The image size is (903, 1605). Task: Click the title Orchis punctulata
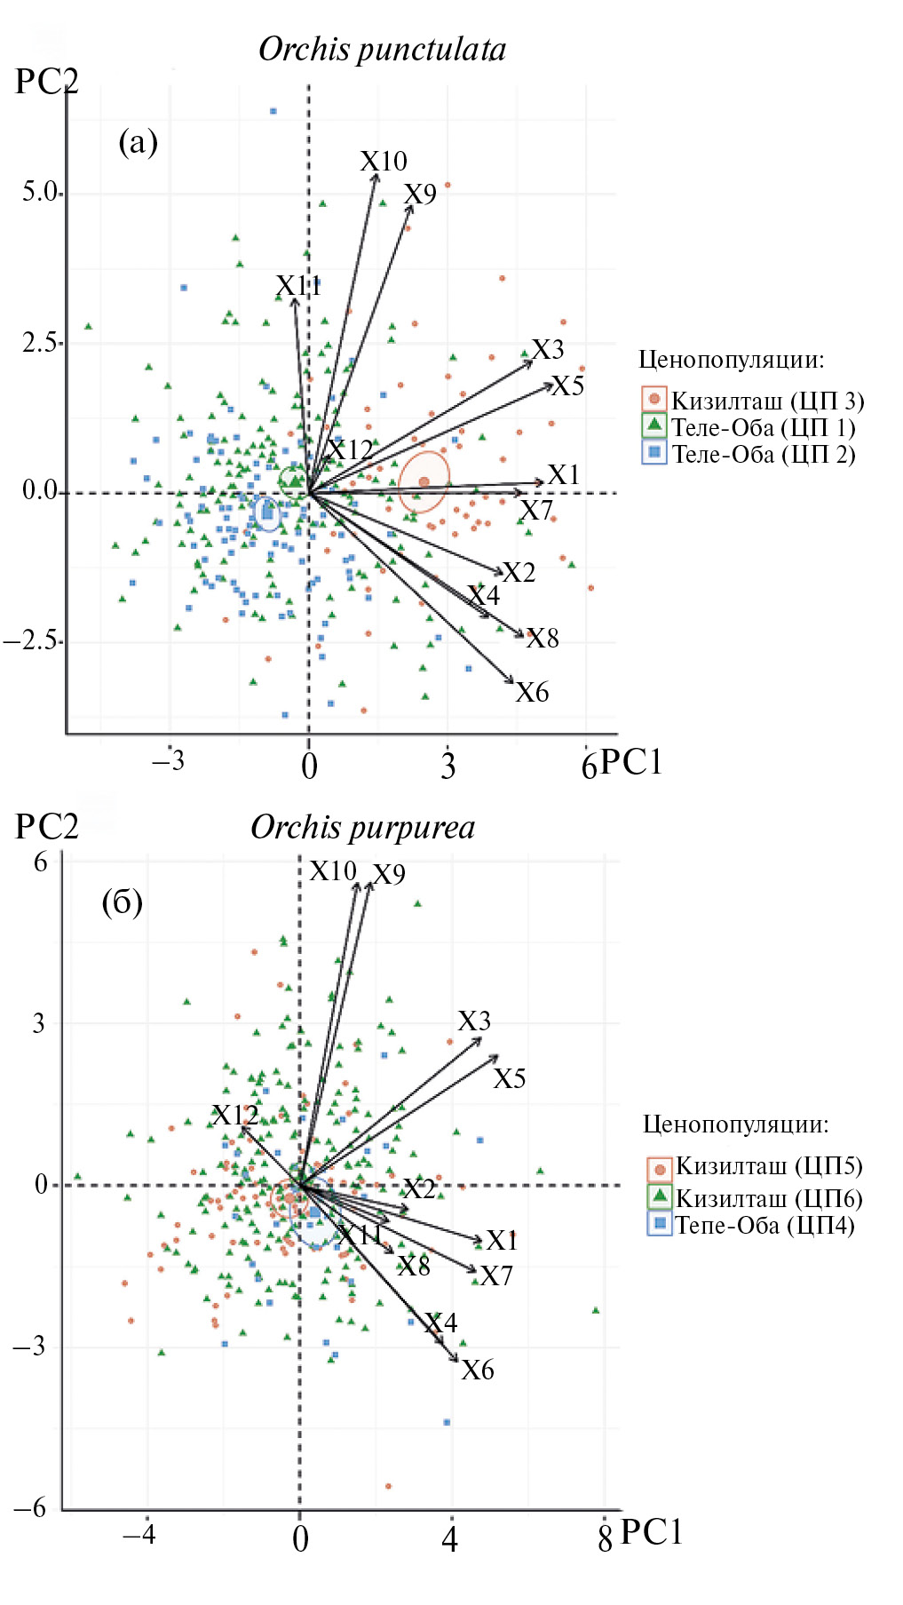[382, 50]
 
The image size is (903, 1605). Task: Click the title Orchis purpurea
[362, 828]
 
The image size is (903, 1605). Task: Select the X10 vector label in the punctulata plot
[384, 162]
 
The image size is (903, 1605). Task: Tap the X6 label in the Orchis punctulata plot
[532, 693]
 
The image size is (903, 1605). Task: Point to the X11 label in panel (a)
[298, 286]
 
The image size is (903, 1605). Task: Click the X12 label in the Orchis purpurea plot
[235, 1116]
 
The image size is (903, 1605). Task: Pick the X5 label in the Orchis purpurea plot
[510, 1079]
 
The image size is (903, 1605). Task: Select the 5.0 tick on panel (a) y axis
[40, 193]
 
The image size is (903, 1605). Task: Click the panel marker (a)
[138, 142]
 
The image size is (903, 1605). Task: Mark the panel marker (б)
[122, 903]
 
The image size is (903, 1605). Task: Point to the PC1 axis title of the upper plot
[631, 763]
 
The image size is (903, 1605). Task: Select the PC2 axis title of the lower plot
[47, 827]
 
